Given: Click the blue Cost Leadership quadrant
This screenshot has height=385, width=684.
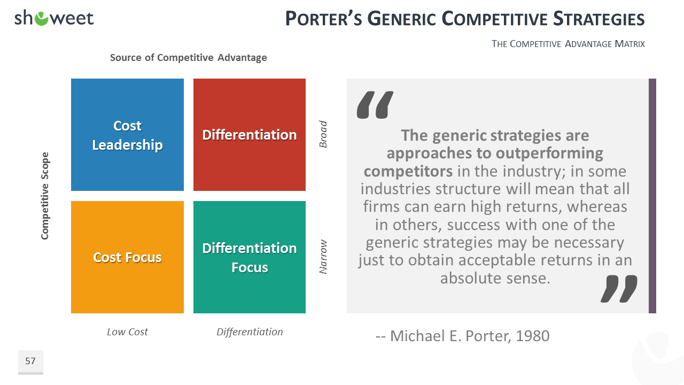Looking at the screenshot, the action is [x=127, y=135].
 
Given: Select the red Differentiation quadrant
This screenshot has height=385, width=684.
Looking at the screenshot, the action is [x=250, y=135].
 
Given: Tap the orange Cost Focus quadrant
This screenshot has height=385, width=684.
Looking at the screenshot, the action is [x=127, y=257].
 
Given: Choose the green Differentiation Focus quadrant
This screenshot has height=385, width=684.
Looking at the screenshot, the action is [x=250, y=257].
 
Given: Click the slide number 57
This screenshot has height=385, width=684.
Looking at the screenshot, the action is [x=30, y=361].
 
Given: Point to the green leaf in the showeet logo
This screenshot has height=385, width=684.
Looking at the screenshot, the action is [x=42, y=19].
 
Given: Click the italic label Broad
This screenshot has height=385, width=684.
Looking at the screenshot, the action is [x=323, y=134].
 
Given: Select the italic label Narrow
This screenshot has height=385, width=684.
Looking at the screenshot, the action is [x=323, y=257].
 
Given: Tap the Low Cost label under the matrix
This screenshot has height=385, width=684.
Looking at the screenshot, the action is [x=127, y=332].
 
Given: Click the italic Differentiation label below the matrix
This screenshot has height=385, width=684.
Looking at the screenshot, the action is [x=250, y=332].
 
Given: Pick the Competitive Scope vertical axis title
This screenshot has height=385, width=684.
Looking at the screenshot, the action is [x=45, y=196].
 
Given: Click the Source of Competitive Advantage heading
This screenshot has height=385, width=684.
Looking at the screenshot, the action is [x=189, y=58].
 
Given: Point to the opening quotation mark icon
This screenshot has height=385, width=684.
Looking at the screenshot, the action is [x=375, y=104].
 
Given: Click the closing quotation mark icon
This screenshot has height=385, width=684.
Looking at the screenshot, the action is [x=619, y=289].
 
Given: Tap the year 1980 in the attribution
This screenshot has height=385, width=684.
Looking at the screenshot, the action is [x=533, y=336].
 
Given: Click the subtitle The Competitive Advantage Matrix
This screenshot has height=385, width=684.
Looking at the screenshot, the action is [x=568, y=44].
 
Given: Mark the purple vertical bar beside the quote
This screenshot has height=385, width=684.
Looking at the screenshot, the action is [x=652, y=196].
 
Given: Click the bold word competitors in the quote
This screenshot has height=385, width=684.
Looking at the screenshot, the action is [x=408, y=171].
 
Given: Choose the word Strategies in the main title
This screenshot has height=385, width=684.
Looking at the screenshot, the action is [x=599, y=19].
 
